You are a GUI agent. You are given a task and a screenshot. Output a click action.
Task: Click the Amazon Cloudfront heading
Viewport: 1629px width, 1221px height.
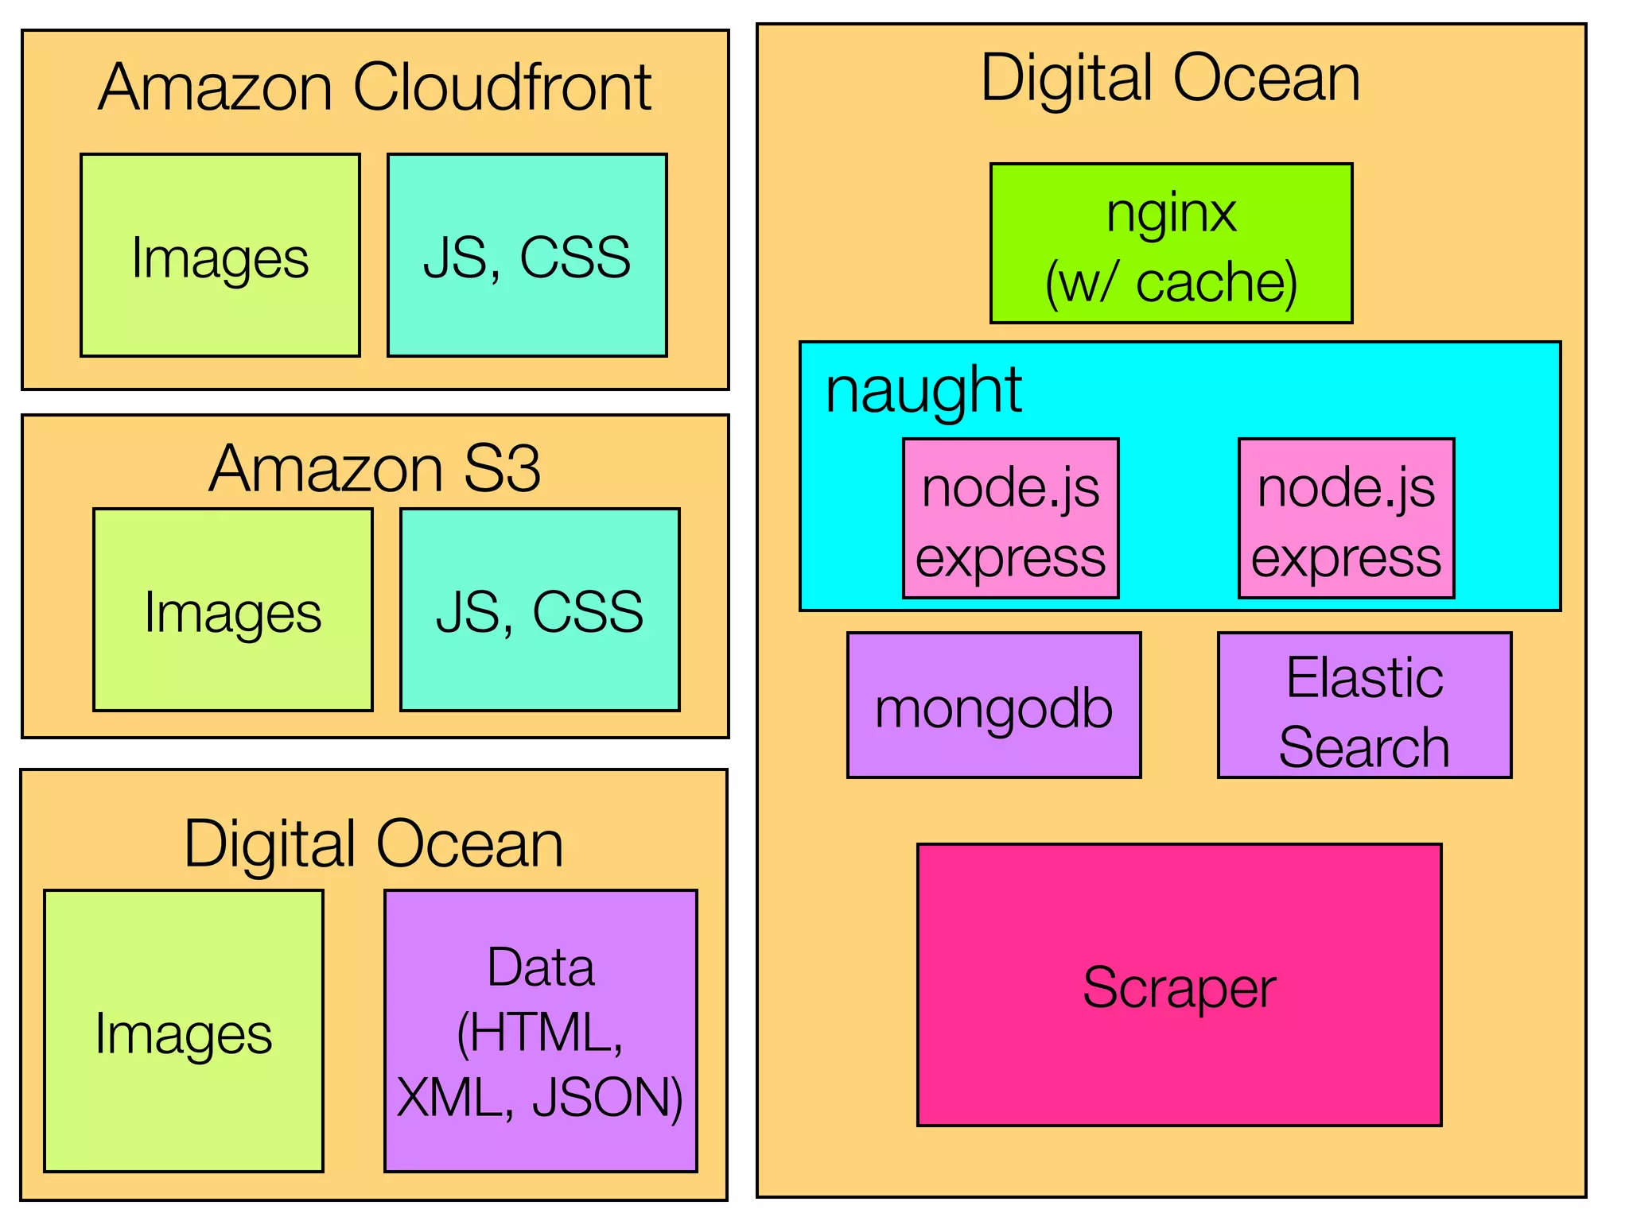375,87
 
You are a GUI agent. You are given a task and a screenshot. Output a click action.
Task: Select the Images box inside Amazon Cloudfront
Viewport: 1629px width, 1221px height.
220,255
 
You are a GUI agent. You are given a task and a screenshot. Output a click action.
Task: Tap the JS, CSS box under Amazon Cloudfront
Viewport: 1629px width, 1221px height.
527,255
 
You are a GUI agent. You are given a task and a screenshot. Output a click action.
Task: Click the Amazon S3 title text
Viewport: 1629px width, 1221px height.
375,468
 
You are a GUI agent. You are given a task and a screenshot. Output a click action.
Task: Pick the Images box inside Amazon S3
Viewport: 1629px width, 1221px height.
232,610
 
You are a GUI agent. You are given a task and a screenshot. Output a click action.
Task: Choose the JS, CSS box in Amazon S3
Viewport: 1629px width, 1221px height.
539,610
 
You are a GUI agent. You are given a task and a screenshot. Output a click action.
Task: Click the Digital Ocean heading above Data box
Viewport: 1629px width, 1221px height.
374,843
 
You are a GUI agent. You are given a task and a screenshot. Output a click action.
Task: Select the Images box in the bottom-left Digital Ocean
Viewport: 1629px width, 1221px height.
183,1031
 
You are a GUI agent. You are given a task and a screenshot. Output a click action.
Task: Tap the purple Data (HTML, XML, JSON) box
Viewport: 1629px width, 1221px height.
540,1031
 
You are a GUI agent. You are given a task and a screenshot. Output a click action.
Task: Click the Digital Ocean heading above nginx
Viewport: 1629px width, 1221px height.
1171,78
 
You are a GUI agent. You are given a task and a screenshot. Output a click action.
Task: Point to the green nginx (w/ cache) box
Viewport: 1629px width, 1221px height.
1171,243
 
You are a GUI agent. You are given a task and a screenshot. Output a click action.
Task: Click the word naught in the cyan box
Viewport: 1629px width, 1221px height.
923,391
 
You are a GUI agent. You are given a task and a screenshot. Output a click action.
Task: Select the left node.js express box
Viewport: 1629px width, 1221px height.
1010,518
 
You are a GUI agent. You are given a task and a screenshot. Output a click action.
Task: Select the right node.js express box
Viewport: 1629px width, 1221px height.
1346,518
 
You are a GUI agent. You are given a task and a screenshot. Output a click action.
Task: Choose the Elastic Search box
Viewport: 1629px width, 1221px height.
1364,705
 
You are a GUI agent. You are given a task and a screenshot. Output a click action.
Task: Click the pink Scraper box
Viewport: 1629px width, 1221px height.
1179,985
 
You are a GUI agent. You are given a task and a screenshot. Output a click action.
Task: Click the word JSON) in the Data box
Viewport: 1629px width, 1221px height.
608,1098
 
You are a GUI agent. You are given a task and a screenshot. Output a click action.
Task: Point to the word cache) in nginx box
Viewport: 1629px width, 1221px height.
1216,282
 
